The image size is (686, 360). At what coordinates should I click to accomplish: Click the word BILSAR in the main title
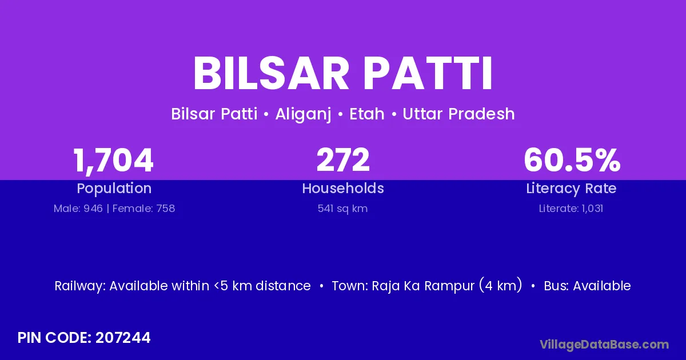tap(272, 74)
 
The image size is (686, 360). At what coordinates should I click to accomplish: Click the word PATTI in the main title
tap(428, 74)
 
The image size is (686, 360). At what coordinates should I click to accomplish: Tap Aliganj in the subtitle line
tap(303, 114)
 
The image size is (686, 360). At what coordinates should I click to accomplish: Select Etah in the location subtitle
tap(367, 114)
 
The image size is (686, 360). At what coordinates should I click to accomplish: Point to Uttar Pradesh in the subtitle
tap(458, 114)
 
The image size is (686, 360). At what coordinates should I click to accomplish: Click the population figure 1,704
tap(113, 161)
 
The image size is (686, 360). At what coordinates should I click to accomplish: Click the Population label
tap(114, 189)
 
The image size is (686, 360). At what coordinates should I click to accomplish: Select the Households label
tap(343, 188)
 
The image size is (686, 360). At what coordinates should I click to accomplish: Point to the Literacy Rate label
tap(571, 189)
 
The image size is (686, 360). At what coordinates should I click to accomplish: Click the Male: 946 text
tap(78, 209)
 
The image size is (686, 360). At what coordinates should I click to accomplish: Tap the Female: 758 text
tap(143, 209)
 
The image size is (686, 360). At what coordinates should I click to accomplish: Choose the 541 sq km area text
tap(342, 209)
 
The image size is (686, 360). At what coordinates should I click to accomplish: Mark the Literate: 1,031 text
tap(571, 209)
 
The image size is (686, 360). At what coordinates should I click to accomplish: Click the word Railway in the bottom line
tap(80, 286)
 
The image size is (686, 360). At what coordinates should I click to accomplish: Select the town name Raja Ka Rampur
tap(423, 286)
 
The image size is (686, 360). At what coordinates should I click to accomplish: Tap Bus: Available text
tap(587, 286)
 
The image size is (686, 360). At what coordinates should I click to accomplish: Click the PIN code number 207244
tap(123, 338)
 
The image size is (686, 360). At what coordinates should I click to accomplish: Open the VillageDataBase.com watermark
tap(604, 345)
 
